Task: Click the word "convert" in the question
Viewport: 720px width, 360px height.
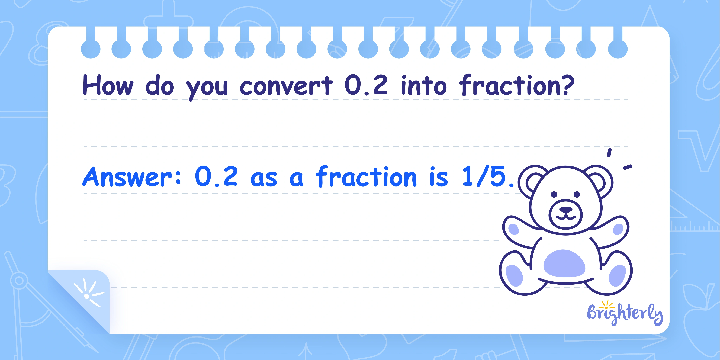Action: [x=286, y=86]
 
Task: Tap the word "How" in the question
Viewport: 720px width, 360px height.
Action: [x=108, y=85]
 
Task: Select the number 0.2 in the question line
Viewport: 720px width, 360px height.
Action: [x=366, y=85]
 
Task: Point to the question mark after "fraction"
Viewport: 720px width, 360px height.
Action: [x=566, y=85]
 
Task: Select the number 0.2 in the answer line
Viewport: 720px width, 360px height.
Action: [x=216, y=176]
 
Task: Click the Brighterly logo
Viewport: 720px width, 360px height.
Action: [x=625, y=313]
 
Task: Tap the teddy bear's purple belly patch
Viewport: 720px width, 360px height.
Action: [x=564, y=263]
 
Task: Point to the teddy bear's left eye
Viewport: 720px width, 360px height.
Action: [x=554, y=194]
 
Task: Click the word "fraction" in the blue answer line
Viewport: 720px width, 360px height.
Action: [x=366, y=176]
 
